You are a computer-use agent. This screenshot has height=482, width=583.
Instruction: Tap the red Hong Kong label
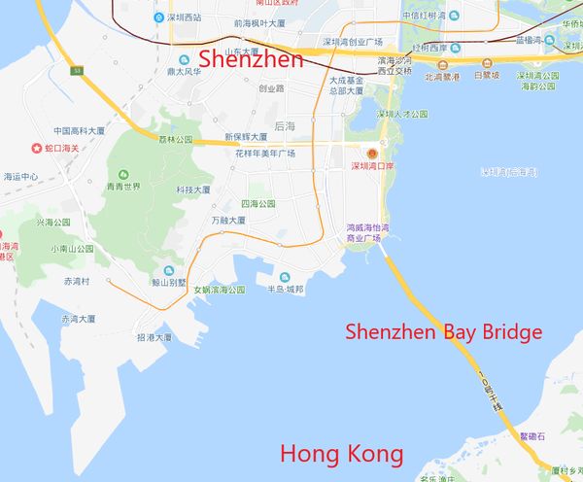[x=341, y=454]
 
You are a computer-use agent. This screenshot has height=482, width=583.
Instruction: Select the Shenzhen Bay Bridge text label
[x=444, y=332]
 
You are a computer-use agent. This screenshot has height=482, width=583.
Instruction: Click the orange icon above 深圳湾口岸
[x=369, y=154]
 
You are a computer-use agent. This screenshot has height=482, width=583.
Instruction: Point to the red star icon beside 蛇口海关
[x=37, y=149]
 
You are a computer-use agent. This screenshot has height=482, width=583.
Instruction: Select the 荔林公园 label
[x=175, y=139]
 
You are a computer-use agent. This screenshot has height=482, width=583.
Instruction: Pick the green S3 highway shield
[x=77, y=71]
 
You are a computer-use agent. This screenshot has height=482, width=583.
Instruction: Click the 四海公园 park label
[x=257, y=204]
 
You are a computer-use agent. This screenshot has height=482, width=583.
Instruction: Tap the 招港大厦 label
[x=154, y=337]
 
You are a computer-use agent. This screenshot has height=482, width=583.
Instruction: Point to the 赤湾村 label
[x=77, y=281]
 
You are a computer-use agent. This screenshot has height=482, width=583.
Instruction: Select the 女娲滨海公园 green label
[x=219, y=290]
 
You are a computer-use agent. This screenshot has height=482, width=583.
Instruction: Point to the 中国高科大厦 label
[x=79, y=131]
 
